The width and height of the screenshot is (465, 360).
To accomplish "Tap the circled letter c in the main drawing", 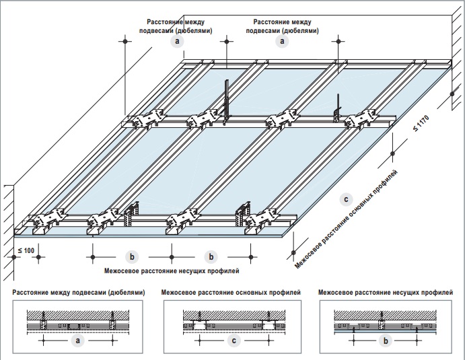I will click(x=346, y=199).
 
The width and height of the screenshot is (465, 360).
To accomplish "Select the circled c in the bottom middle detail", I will click(x=234, y=341).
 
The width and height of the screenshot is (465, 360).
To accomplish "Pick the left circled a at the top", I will click(x=177, y=41).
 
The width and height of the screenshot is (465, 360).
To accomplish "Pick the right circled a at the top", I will click(x=282, y=41).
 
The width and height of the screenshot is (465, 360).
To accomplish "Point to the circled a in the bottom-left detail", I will click(x=78, y=341).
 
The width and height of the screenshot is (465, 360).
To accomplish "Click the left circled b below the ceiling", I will click(x=132, y=256).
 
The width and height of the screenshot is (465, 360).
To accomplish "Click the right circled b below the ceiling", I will click(x=212, y=256).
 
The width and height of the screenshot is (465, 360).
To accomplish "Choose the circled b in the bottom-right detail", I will click(x=385, y=341).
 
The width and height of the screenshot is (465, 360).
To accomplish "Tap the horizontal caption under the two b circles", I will click(x=172, y=271).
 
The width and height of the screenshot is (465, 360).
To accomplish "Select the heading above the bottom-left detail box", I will click(x=78, y=293).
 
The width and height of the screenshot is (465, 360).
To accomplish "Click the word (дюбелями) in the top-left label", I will click(x=196, y=31).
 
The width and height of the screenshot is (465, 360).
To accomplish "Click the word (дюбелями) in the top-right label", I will click(x=301, y=31).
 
